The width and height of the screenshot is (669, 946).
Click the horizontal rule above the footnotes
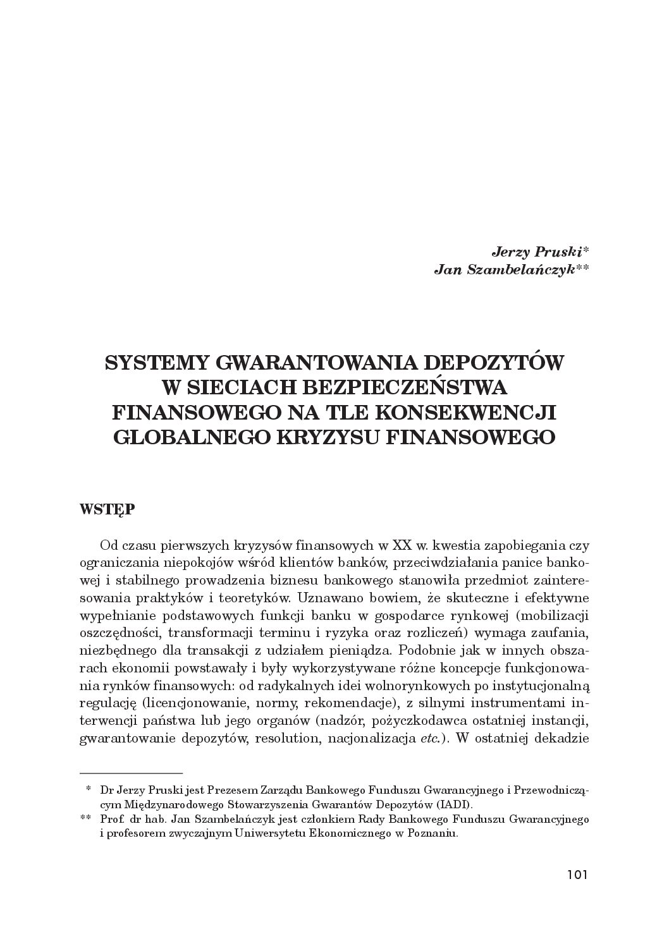(x=132, y=772)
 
